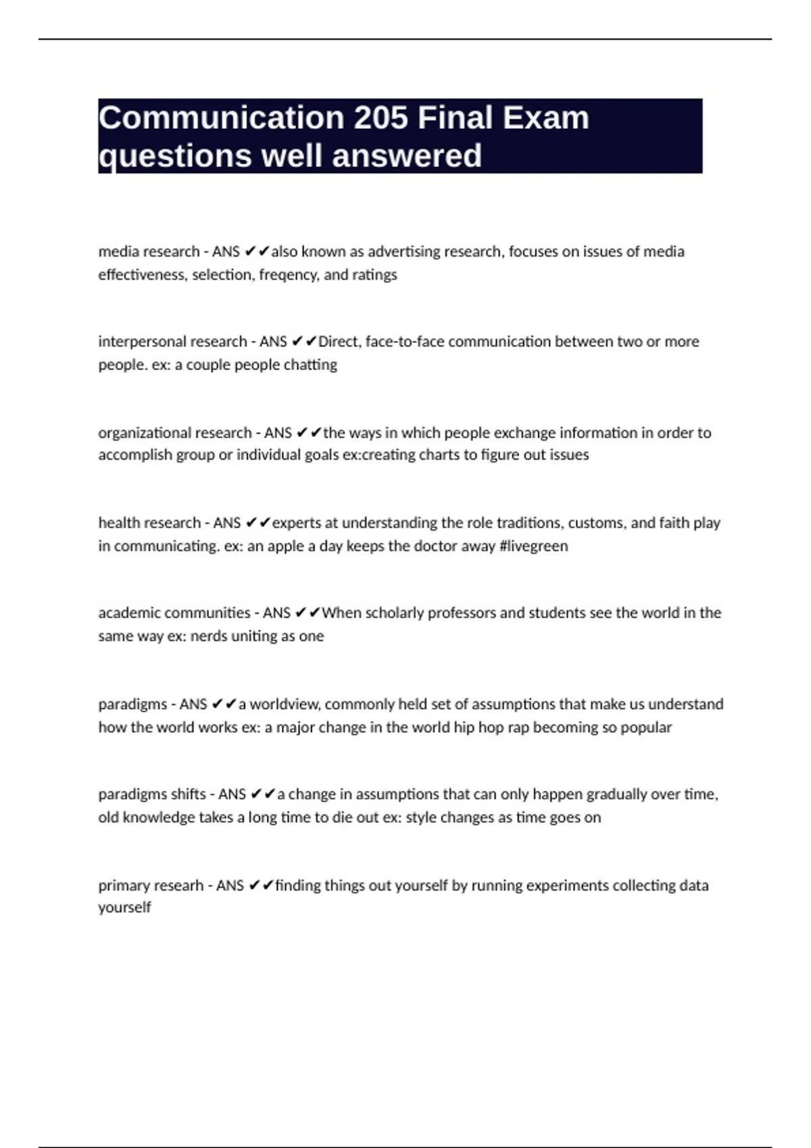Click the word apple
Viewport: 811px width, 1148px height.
pos(287,546)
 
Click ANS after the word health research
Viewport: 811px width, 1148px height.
pos(227,523)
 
